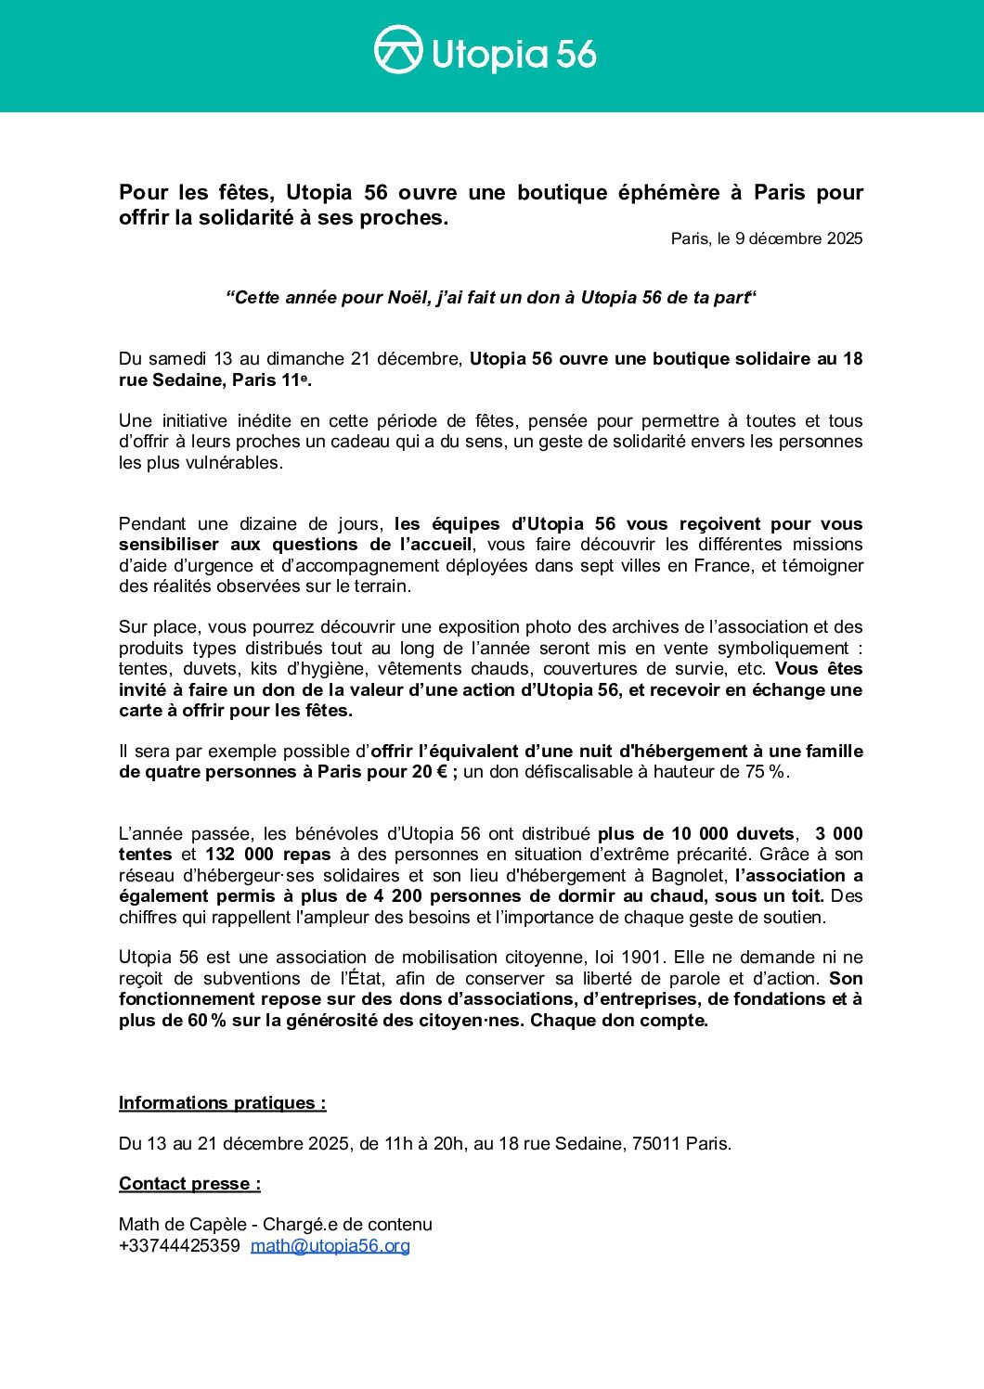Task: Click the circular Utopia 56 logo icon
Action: point(398,49)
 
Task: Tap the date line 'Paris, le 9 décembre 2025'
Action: point(767,239)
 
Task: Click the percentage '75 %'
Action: point(765,772)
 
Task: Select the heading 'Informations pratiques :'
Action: point(223,1103)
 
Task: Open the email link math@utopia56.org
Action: point(330,1246)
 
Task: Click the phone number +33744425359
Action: point(179,1246)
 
